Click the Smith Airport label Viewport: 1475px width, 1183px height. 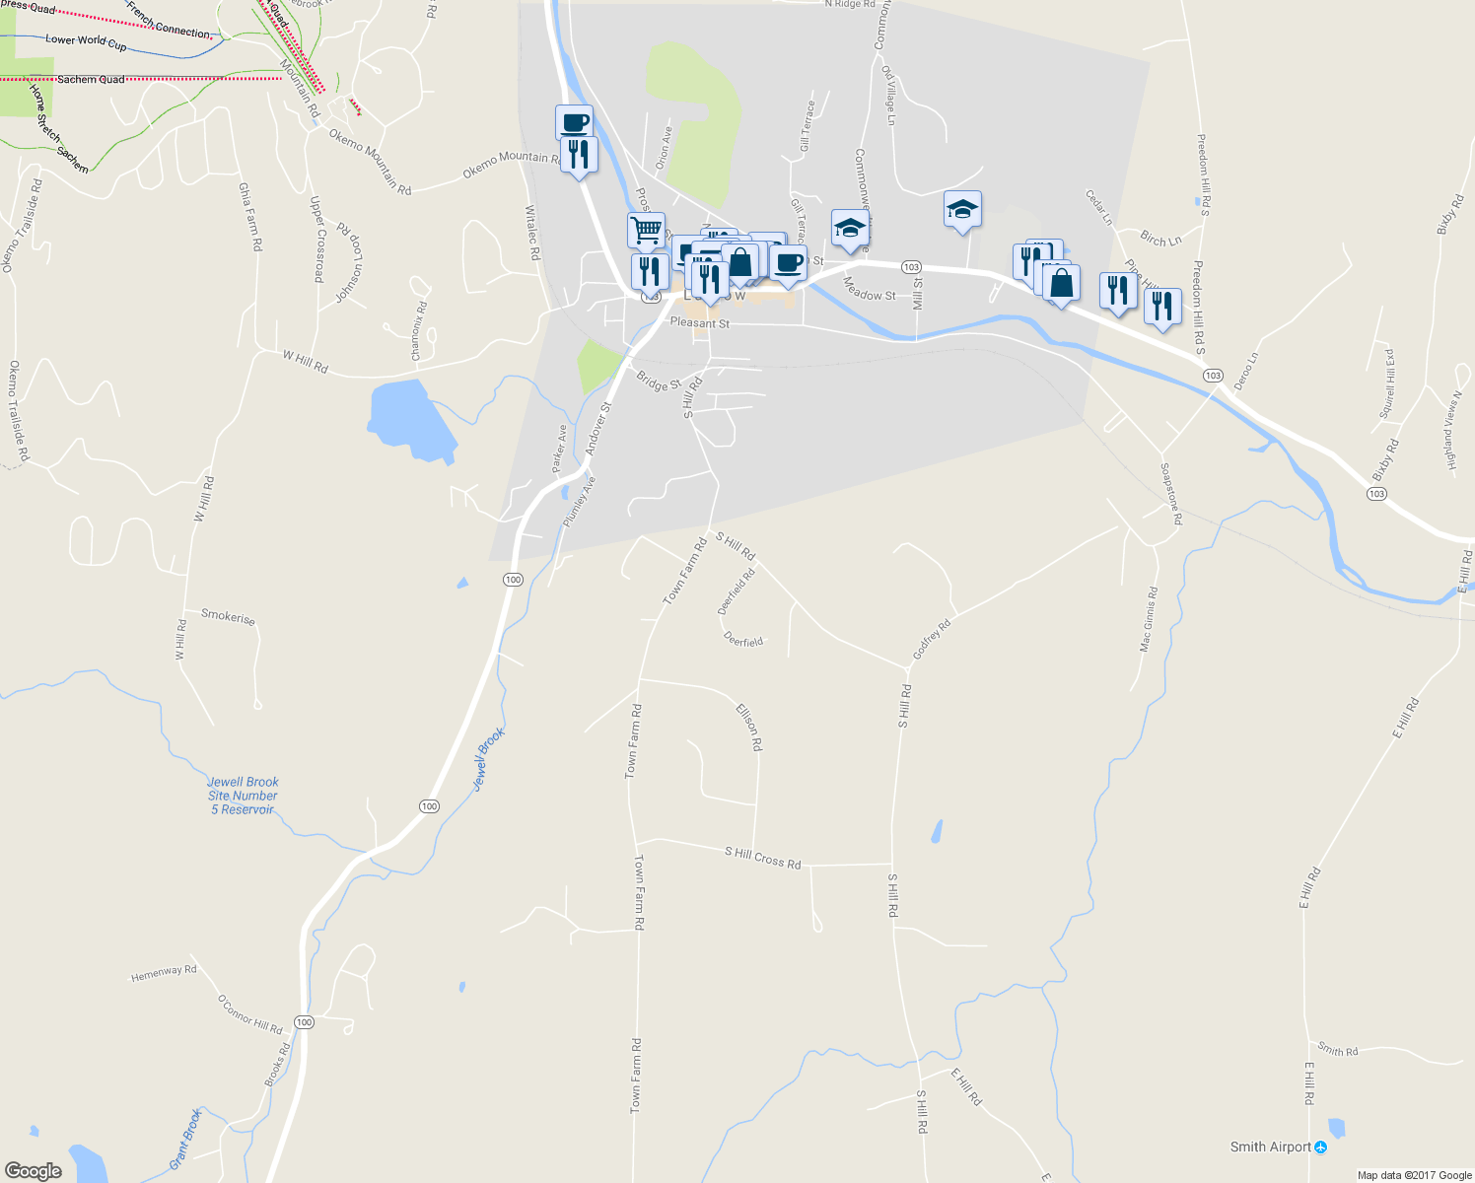[x=1270, y=1147]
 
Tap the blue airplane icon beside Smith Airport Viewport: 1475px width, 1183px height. [x=1321, y=1148]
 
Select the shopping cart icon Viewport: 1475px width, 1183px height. [x=646, y=231]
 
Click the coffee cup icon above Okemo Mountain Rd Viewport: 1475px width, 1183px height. [x=574, y=123]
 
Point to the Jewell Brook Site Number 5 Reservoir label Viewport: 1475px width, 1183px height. [x=243, y=796]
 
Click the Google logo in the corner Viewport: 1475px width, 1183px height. [x=33, y=1170]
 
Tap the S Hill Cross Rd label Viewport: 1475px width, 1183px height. [x=762, y=857]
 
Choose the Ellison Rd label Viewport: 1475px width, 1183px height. [x=749, y=727]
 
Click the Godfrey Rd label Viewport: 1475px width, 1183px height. [x=932, y=640]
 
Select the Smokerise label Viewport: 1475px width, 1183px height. [x=228, y=616]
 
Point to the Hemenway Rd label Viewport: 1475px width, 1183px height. [x=164, y=973]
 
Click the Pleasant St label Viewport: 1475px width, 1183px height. [x=699, y=322]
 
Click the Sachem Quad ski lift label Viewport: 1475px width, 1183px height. [x=91, y=79]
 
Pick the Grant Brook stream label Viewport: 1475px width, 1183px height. [x=185, y=1138]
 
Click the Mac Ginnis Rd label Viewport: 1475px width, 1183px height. [x=1149, y=619]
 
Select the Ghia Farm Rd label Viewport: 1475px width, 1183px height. [x=250, y=216]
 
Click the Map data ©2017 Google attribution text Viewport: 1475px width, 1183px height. [x=1414, y=1175]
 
